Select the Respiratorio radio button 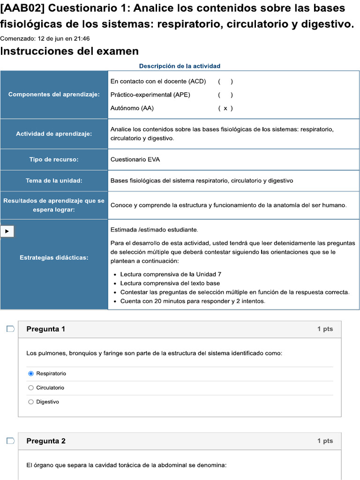click(x=31, y=374)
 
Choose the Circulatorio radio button click(x=31, y=388)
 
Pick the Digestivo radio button click(x=31, y=402)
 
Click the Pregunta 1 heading click(x=46, y=329)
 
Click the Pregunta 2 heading click(x=46, y=441)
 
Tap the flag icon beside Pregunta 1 click(x=10, y=329)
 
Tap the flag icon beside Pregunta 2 click(x=10, y=441)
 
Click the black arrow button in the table click(x=7, y=231)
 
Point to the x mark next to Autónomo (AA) click(x=225, y=108)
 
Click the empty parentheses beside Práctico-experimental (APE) click(x=225, y=95)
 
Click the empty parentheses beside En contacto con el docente click(x=225, y=81)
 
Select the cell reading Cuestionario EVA click(x=135, y=159)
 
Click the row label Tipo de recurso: click(x=54, y=159)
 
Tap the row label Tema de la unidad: click(x=54, y=180)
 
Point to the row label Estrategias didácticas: click(x=54, y=257)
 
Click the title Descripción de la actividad click(x=180, y=66)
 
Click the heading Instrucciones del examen click(x=69, y=51)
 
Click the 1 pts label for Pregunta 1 click(x=325, y=329)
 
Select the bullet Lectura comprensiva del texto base click(x=170, y=283)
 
